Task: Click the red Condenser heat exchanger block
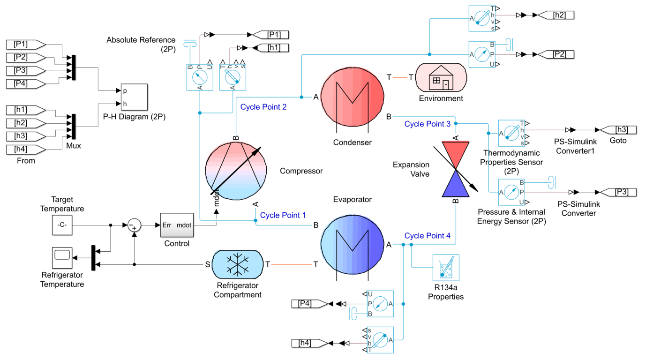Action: pyautogui.click(x=352, y=97)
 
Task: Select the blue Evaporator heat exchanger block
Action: pyautogui.click(x=352, y=245)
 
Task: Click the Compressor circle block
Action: pyautogui.click(x=236, y=170)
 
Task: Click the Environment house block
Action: pyautogui.click(x=441, y=77)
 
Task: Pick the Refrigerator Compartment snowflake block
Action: pyautogui.click(x=238, y=264)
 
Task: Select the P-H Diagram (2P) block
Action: pyautogui.click(x=134, y=97)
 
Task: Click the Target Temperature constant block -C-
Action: pyautogui.click(x=62, y=225)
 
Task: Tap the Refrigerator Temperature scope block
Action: pyautogui.click(x=62, y=256)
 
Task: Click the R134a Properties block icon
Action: pyautogui.click(x=446, y=268)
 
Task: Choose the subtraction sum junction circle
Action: pyautogui.click(x=135, y=225)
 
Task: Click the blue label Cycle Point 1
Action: pyautogui.click(x=283, y=215)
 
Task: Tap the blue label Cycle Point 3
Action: pyautogui.click(x=427, y=124)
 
